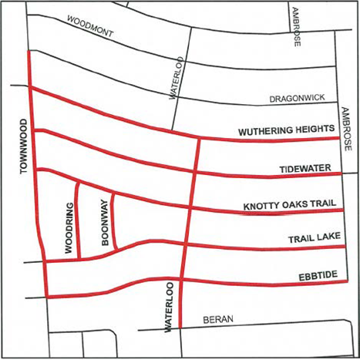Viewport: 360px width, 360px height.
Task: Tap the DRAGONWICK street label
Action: pyautogui.click(x=297, y=99)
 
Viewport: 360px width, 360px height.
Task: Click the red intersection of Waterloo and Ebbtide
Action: pyautogui.click(x=182, y=280)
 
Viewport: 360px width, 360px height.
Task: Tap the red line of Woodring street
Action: pyautogui.click(x=79, y=224)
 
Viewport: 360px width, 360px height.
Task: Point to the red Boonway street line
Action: pyautogui.click(x=113, y=220)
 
